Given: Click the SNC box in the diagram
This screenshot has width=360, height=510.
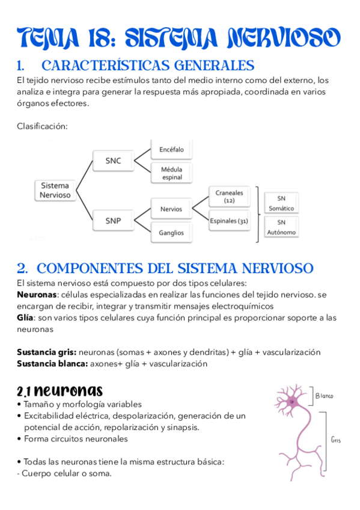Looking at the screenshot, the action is tap(113, 161).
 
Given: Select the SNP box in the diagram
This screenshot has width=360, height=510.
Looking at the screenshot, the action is tap(113, 221).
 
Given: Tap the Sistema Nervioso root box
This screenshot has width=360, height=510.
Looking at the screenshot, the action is tap(55, 191).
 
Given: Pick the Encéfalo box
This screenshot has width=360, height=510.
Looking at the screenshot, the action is tap(171, 149).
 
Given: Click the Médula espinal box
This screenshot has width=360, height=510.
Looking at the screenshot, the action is tap(171, 173).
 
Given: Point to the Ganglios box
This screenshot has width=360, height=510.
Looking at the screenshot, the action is tap(171, 232).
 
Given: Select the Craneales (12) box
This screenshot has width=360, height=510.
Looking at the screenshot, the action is tap(229, 197).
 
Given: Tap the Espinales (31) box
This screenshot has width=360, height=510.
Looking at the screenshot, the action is tap(229, 221).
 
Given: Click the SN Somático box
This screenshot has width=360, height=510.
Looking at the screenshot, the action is tap(281, 203).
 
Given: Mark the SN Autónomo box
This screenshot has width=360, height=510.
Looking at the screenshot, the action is tap(281, 227).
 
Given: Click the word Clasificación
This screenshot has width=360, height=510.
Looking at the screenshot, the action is tap(42, 126).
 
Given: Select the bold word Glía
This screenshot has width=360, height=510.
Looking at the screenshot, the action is tap(25, 317).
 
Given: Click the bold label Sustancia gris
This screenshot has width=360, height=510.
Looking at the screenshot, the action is tap(46, 352).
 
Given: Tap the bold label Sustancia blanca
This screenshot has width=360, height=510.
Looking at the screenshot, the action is tap(52, 363).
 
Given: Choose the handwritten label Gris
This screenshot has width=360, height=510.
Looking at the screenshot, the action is tap(335, 440).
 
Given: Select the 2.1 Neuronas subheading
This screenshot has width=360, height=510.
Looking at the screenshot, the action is tap(59, 390).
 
